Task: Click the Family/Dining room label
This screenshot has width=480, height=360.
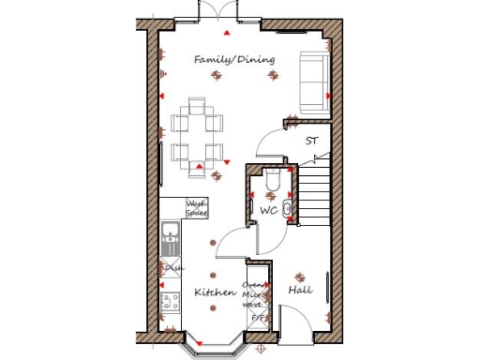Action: pyautogui.click(x=234, y=59)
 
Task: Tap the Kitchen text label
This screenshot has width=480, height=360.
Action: pyautogui.click(x=215, y=292)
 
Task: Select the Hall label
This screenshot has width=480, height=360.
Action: pyautogui.click(x=300, y=291)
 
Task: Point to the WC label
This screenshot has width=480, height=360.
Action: pyautogui.click(x=269, y=211)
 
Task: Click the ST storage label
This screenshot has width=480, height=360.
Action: pyautogui.click(x=312, y=142)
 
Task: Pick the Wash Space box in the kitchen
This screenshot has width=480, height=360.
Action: pyautogui.click(x=196, y=208)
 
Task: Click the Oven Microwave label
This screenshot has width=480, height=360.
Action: pyautogui.click(x=254, y=294)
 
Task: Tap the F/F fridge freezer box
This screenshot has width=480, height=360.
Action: pyautogui.click(x=257, y=319)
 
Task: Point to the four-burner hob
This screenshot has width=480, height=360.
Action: pyautogui.click(x=171, y=303)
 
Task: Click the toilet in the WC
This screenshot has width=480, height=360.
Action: pyautogui.click(x=272, y=178)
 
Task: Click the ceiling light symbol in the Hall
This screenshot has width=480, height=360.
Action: pyautogui.click(x=300, y=277)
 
